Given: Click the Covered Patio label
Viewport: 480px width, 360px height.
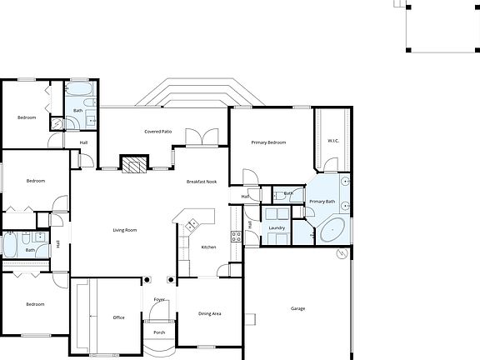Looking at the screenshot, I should coord(157,132).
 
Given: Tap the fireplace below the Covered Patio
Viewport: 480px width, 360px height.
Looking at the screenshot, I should coord(134,164).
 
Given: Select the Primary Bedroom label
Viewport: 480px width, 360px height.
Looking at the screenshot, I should coord(268,142).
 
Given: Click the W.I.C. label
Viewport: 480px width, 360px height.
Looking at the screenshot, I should coord(332,140).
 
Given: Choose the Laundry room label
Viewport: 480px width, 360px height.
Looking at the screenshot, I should coord(277,227).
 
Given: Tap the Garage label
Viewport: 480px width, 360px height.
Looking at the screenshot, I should coord(297,308).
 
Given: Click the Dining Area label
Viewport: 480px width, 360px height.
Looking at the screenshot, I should coord(209,313).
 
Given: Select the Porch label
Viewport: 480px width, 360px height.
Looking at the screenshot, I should coord(159,332).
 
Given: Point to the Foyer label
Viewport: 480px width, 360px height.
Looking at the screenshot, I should coord(159,298).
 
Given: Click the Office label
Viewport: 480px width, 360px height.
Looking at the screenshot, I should coord(118,317).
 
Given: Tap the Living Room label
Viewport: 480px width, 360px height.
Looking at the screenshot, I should coord(125,230).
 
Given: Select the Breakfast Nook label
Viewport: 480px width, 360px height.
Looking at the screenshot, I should coord(202,182).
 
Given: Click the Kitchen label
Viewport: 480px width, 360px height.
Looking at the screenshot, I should coord(208,247).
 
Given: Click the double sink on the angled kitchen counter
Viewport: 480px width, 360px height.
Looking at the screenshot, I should coord(191,223).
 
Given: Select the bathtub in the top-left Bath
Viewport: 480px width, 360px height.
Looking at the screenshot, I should coord(81,90).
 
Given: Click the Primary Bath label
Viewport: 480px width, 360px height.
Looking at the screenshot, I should coord(322,202).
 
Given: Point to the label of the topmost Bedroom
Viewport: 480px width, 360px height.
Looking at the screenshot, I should coord(27,117).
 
